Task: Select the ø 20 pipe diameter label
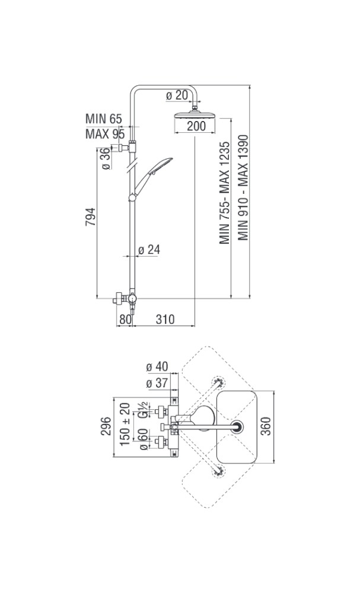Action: click(177, 95)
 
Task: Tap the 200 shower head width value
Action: click(196, 126)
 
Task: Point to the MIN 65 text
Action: click(103, 119)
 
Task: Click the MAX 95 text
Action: click(104, 133)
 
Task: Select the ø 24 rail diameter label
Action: click(149, 250)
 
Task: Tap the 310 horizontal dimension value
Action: click(164, 319)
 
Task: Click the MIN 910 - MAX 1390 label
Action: click(243, 187)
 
